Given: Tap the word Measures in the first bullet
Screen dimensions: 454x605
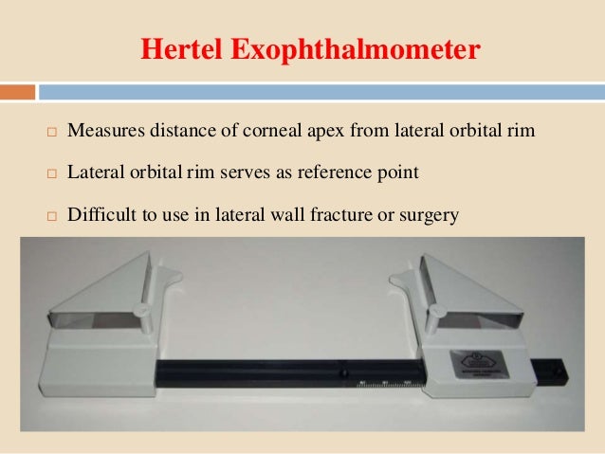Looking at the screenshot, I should tap(105, 131).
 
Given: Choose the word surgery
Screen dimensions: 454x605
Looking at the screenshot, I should tap(431, 216).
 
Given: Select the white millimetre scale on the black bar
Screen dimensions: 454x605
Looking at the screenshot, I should tap(384, 384).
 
